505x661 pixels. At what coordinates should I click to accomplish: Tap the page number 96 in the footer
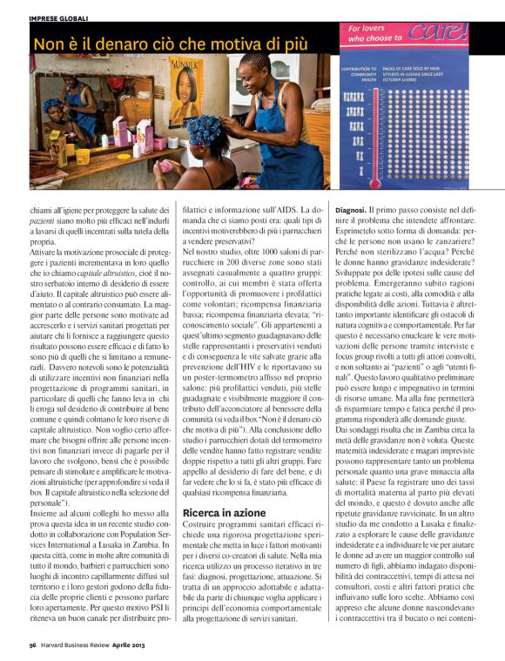point(31,645)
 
